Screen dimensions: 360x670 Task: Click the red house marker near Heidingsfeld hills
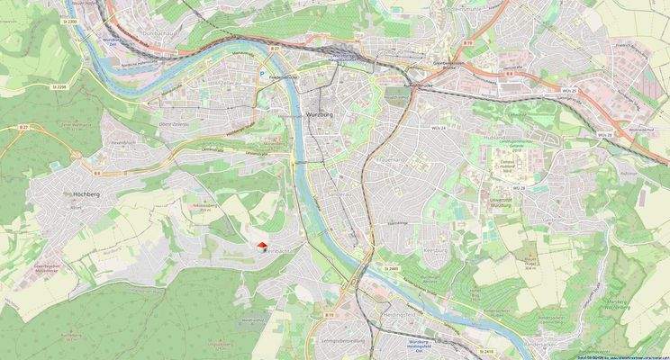262,245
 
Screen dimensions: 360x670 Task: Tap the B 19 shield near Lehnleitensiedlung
329,315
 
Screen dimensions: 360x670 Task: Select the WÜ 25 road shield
568,90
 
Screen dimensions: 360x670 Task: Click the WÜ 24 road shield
439,129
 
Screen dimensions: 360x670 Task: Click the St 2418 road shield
487,351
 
